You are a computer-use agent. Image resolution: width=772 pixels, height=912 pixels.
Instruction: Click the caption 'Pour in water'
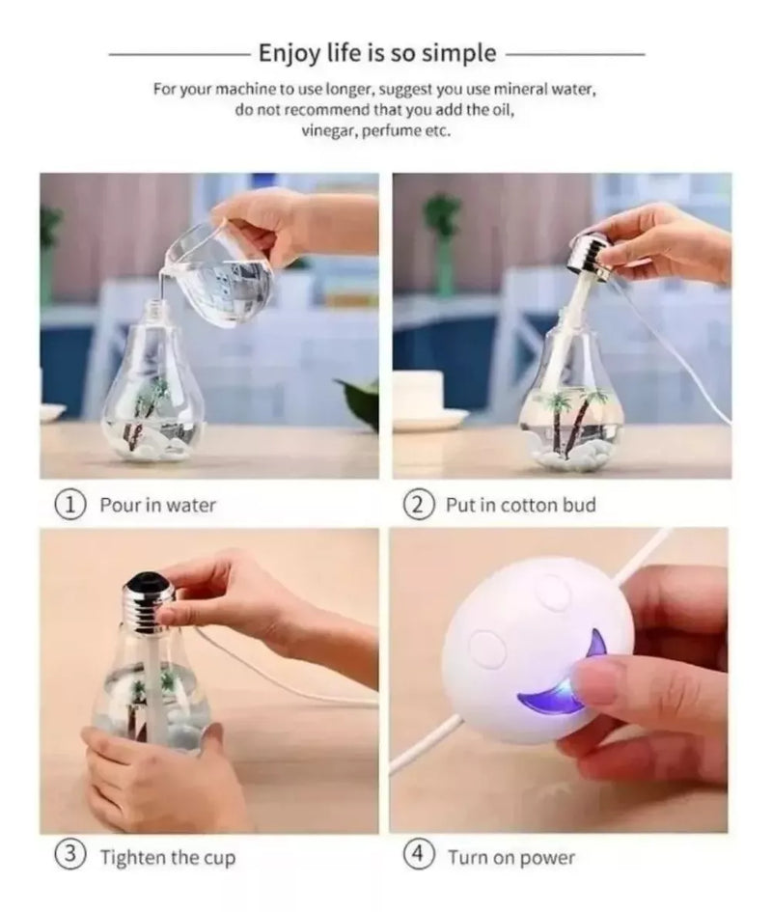point(158,504)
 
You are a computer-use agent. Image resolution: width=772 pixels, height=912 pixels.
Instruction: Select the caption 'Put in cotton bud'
point(520,504)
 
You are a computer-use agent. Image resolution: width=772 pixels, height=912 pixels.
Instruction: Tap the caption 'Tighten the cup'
point(167,857)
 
